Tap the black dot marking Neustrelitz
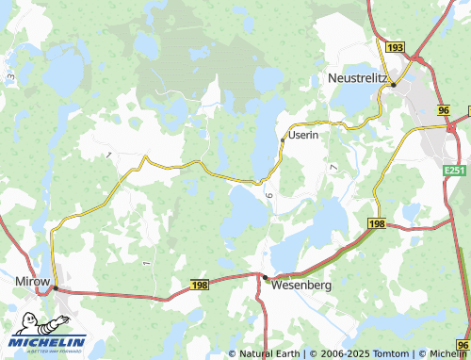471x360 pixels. (x=394, y=84)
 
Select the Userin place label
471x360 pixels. (x=303, y=136)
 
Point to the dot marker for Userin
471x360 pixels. (x=283, y=140)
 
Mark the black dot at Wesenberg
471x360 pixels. (x=266, y=277)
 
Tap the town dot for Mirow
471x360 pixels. (x=55, y=287)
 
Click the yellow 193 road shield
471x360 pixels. (x=395, y=47)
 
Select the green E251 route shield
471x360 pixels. (x=456, y=171)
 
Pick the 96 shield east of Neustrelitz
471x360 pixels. (x=444, y=111)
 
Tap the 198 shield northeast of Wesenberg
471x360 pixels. (x=377, y=223)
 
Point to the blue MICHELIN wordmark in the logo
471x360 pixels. (x=49, y=341)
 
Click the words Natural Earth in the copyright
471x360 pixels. (x=271, y=353)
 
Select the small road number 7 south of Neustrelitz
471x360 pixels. (x=333, y=166)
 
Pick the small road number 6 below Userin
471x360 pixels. (x=268, y=194)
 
